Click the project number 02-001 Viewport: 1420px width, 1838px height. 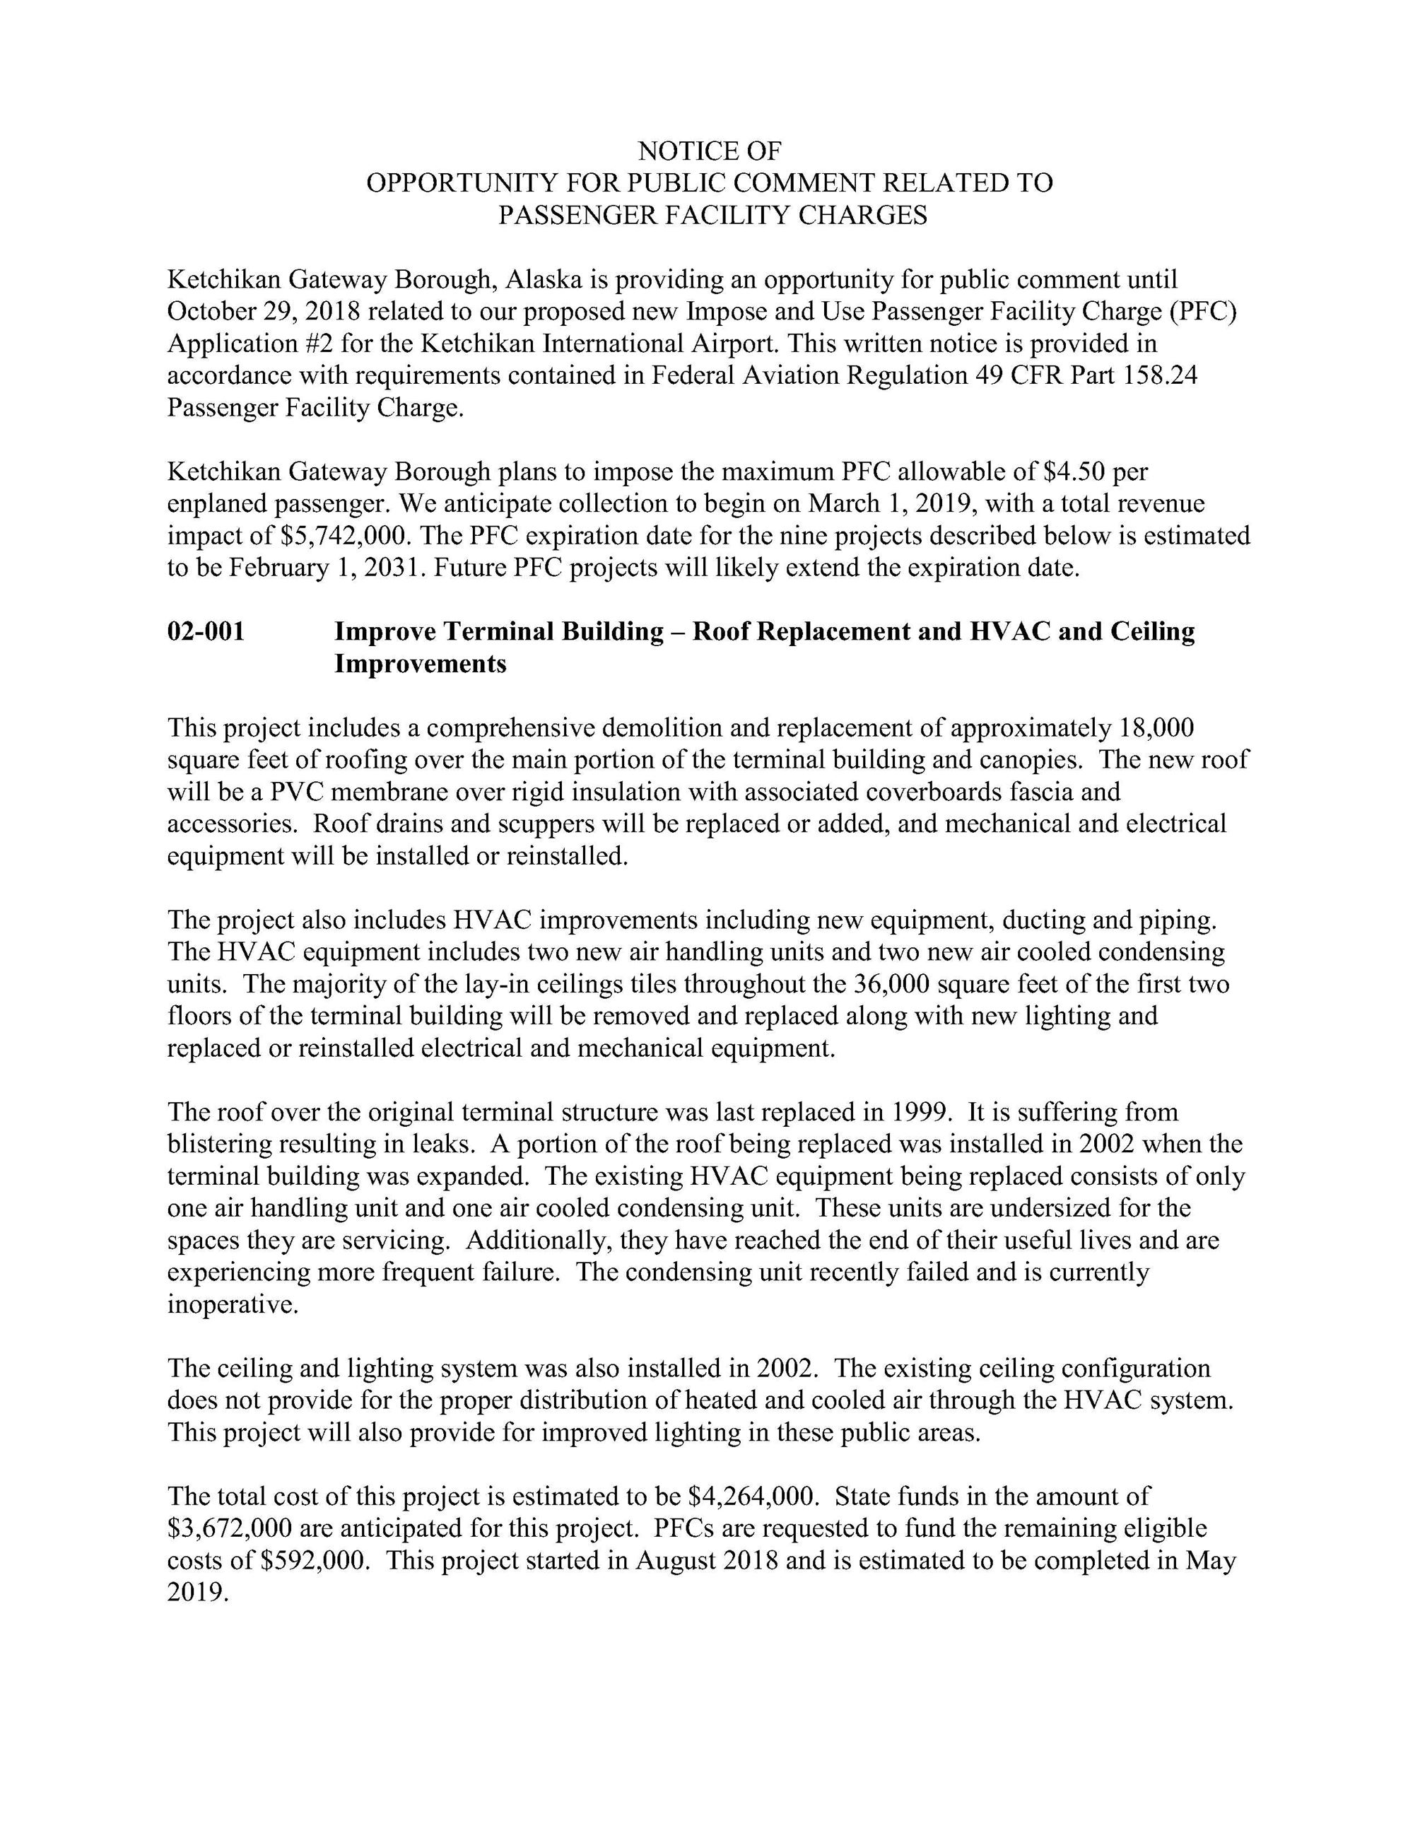[206, 631]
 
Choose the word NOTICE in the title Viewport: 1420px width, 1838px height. [677, 151]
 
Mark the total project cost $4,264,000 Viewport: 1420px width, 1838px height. [753, 1497]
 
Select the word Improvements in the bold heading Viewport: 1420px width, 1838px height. [421, 664]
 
